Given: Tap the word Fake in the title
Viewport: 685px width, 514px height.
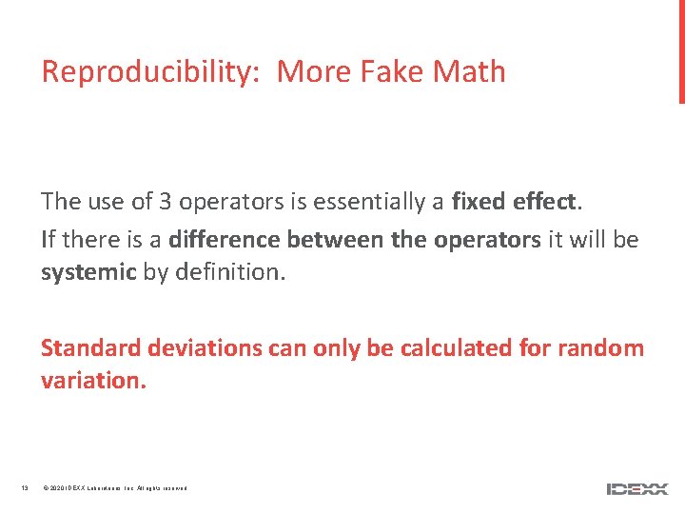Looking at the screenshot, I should (x=393, y=72).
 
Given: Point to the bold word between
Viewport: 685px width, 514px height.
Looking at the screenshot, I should (x=335, y=240).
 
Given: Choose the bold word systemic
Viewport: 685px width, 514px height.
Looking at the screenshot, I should (x=88, y=272).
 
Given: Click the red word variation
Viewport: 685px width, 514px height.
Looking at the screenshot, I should (x=93, y=381).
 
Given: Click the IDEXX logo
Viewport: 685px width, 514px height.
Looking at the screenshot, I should (x=637, y=489).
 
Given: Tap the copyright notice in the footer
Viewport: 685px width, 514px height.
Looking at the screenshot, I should (x=115, y=489).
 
